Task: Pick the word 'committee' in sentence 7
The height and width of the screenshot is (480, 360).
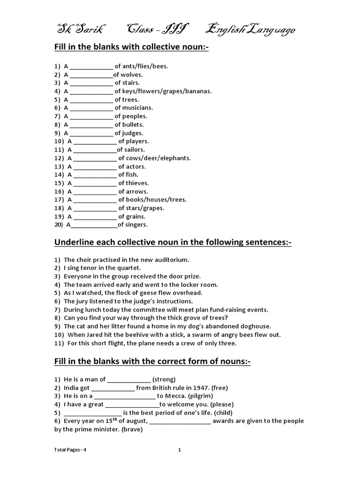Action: [x=145, y=309]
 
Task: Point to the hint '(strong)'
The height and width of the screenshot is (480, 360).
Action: [x=164, y=379]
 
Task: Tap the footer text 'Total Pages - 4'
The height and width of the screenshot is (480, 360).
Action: [x=70, y=450]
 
